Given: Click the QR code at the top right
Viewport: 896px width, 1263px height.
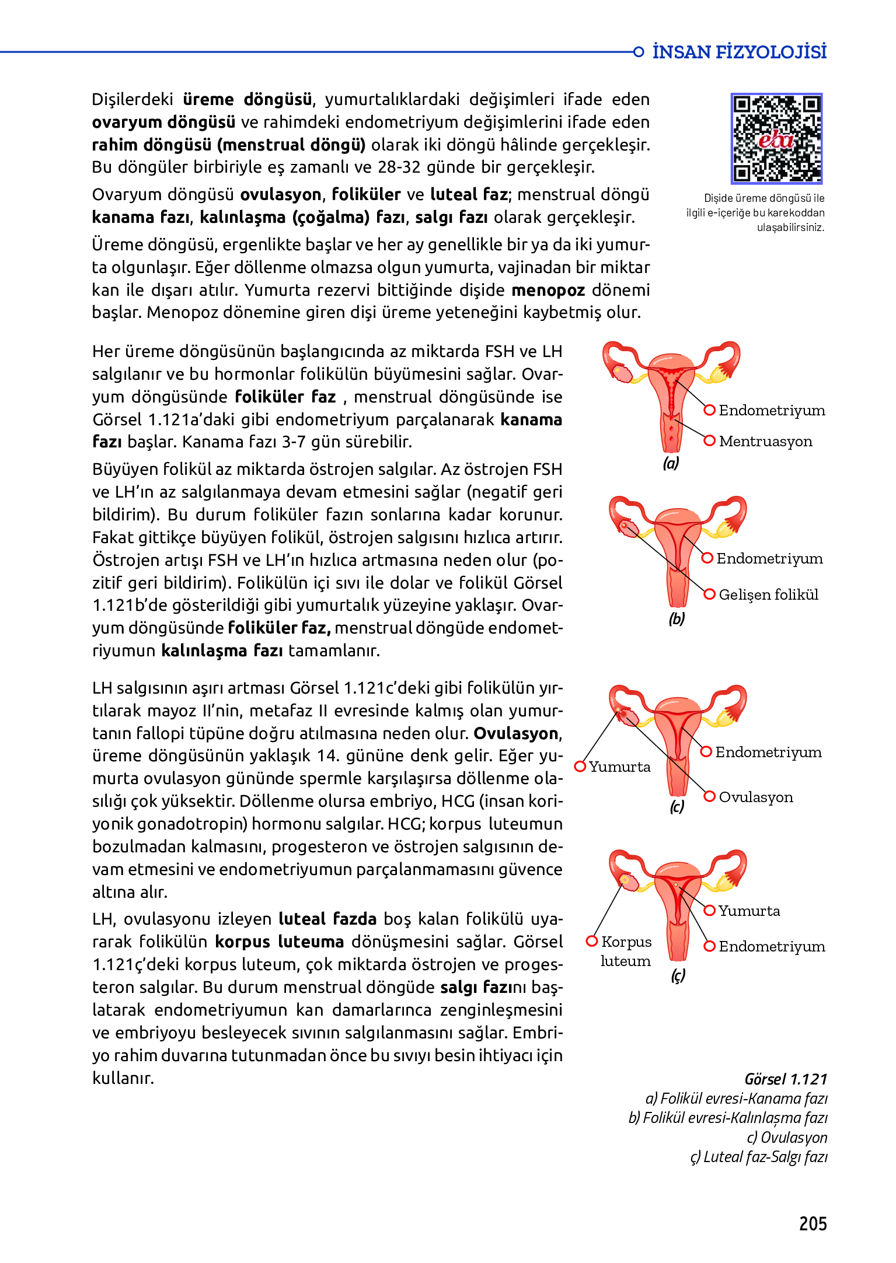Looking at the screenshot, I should tap(776, 139).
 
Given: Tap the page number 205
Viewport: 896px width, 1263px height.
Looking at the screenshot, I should tap(813, 1223).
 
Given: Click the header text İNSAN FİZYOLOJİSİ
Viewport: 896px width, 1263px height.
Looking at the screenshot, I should tap(739, 52).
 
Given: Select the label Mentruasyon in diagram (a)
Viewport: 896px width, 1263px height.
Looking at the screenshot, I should tap(765, 441).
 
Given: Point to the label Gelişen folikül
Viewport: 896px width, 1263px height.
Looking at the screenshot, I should tap(768, 594).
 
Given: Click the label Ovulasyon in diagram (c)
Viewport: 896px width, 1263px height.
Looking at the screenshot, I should tap(756, 797).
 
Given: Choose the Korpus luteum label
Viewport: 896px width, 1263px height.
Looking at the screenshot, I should tap(626, 951).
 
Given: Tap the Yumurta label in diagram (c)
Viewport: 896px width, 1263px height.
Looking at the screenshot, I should tap(619, 767).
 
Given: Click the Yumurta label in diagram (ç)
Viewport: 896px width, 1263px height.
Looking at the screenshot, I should tap(749, 911).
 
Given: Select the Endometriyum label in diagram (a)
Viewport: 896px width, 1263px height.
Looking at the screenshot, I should tap(772, 410).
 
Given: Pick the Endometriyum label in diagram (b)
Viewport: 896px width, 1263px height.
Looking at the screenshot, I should tap(769, 558).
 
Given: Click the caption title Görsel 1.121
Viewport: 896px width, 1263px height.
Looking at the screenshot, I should tap(786, 1079).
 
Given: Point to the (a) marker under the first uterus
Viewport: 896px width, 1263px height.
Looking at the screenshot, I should tap(671, 463).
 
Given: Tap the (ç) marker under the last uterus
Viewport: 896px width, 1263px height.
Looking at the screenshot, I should tap(678, 975).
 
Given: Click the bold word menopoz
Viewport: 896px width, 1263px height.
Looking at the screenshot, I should tap(548, 290).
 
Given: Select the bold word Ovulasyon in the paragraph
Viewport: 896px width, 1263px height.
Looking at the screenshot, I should tap(516, 733).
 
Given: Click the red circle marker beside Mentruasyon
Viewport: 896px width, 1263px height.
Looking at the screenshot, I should tap(710, 441).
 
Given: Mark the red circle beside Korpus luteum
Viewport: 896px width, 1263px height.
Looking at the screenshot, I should tap(592, 941).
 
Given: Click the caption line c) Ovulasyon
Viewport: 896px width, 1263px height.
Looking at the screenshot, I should tap(787, 1138).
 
